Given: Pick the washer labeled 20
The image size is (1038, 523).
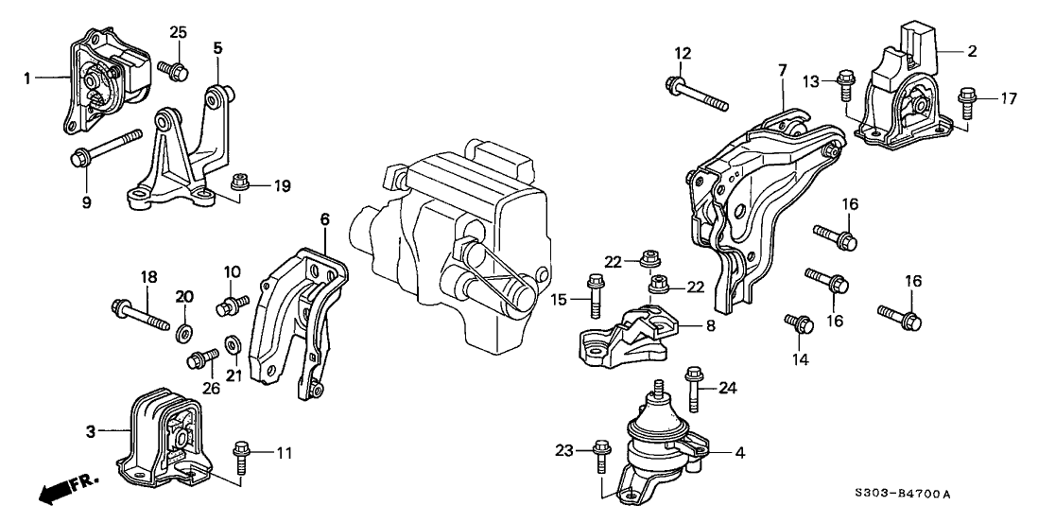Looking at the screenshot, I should [184, 331].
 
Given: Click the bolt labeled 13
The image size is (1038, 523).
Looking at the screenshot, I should [844, 88].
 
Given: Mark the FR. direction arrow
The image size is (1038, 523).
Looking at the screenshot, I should [68, 491].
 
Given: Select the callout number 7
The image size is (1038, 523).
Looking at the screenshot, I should [783, 69].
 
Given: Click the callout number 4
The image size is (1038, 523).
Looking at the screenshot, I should [740, 453].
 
